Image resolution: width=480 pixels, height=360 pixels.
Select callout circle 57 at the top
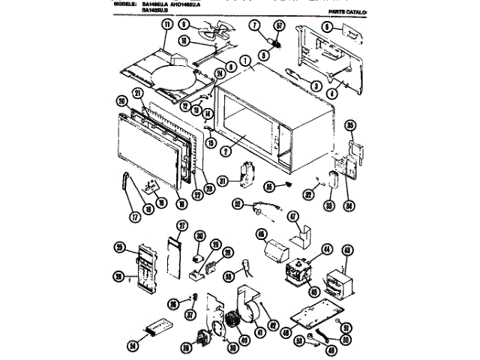280,26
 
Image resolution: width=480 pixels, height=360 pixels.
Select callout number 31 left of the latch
222,180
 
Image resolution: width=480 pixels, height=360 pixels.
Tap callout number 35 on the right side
350,124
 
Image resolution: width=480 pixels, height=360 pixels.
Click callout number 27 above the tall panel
181,226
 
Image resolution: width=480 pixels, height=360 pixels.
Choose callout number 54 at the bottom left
133,346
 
